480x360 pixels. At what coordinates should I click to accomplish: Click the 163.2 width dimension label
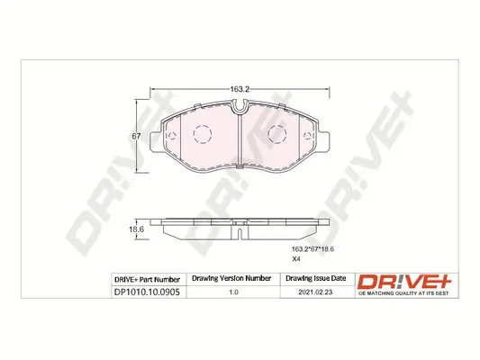pos(240,89)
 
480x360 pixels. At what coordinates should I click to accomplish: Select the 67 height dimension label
pos(136,136)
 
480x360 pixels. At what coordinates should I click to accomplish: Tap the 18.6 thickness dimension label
pos(136,229)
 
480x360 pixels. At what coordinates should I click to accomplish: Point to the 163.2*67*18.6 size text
pos(312,249)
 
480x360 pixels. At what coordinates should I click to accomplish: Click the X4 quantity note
pos(296,259)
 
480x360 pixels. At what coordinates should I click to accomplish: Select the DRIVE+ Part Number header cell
pos(147,280)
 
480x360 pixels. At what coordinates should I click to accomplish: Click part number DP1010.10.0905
pos(147,292)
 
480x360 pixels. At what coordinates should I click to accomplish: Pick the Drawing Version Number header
pos(231,278)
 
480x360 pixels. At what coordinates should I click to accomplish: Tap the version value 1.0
pos(233,292)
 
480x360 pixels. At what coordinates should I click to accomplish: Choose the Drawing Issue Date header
pos(315,278)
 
